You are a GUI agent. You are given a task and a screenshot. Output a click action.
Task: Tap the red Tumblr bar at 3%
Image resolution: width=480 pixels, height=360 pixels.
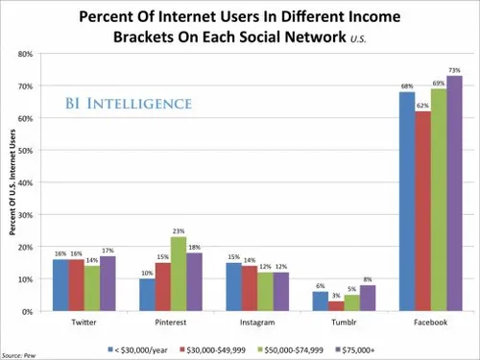(331, 306)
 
